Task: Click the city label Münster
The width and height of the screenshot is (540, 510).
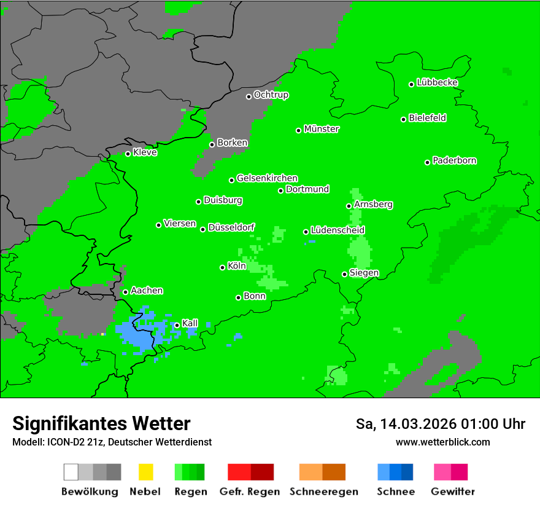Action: (x=322, y=129)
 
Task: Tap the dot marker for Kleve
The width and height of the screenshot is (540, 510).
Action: (x=128, y=154)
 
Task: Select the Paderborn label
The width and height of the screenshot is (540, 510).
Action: (x=454, y=160)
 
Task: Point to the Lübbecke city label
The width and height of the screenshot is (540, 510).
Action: (x=437, y=82)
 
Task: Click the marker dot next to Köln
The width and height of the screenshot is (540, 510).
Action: (x=222, y=267)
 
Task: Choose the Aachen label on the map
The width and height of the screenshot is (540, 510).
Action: (x=147, y=291)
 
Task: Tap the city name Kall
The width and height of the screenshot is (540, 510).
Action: (x=190, y=323)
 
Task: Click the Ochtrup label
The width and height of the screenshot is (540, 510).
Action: (x=271, y=95)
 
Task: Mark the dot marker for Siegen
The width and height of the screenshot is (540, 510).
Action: (x=344, y=274)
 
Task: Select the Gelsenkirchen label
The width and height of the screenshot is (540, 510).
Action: (x=267, y=178)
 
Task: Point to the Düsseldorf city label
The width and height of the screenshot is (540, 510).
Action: (x=231, y=227)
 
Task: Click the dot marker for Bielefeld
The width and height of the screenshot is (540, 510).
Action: (x=403, y=119)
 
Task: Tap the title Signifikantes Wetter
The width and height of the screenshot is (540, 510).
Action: (x=101, y=423)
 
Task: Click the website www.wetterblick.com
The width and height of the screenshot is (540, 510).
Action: (x=442, y=442)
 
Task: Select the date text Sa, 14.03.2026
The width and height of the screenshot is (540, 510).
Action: (x=406, y=424)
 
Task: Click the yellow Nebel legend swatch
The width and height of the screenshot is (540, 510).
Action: (x=145, y=472)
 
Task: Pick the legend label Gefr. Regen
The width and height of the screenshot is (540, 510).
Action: (x=250, y=492)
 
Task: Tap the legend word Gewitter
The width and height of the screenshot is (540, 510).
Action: (x=453, y=492)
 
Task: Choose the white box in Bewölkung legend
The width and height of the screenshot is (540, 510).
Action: (x=71, y=472)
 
